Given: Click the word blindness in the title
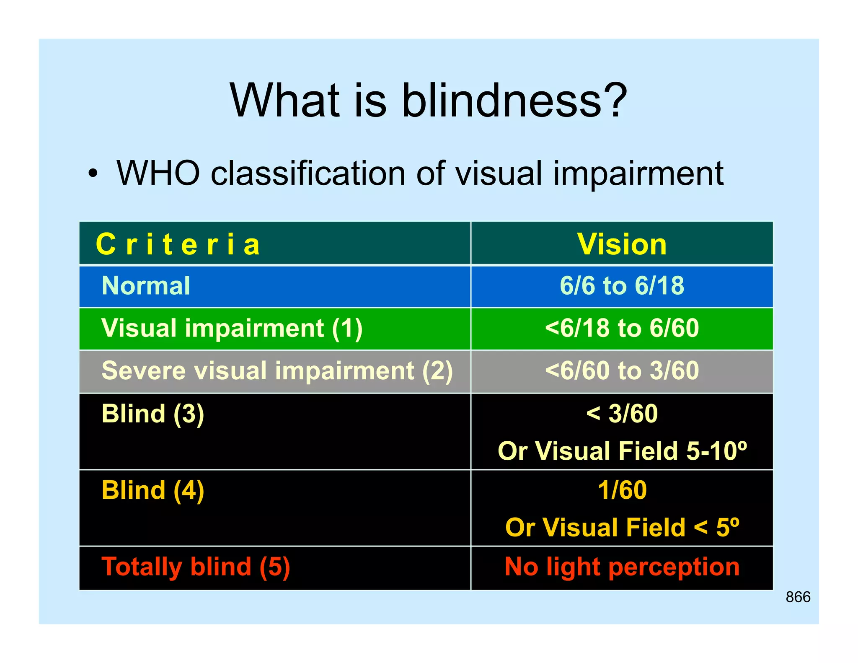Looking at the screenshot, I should [x=503, y=101].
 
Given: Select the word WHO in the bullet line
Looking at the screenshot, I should [x=158, y=173].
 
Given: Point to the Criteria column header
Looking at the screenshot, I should [x=178, y=244].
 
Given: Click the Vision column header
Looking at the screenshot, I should [x=622, y=244].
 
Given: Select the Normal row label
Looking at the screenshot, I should [x=146, y=286].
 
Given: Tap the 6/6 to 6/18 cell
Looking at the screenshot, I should [x=622, y=286].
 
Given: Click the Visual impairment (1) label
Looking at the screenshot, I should [x=232, y=328].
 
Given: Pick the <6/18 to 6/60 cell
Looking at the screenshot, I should [x=622, y=328].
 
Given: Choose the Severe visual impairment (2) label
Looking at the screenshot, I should [x=277, y=371].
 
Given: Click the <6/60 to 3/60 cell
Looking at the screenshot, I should [x=622, y=371].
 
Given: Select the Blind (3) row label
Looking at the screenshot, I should [x=153, y=414].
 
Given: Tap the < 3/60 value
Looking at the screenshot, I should [x=622, y=414].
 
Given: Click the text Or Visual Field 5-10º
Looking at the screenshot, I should [x=622, y=451].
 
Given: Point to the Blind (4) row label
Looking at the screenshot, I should [x=153, y=490].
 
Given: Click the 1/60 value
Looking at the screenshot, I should [x=622, y=490].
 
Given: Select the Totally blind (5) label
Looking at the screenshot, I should [x=196, y=567].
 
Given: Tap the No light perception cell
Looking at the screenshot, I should [x=622, y=567].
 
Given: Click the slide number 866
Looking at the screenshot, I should [x=798, y=597].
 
